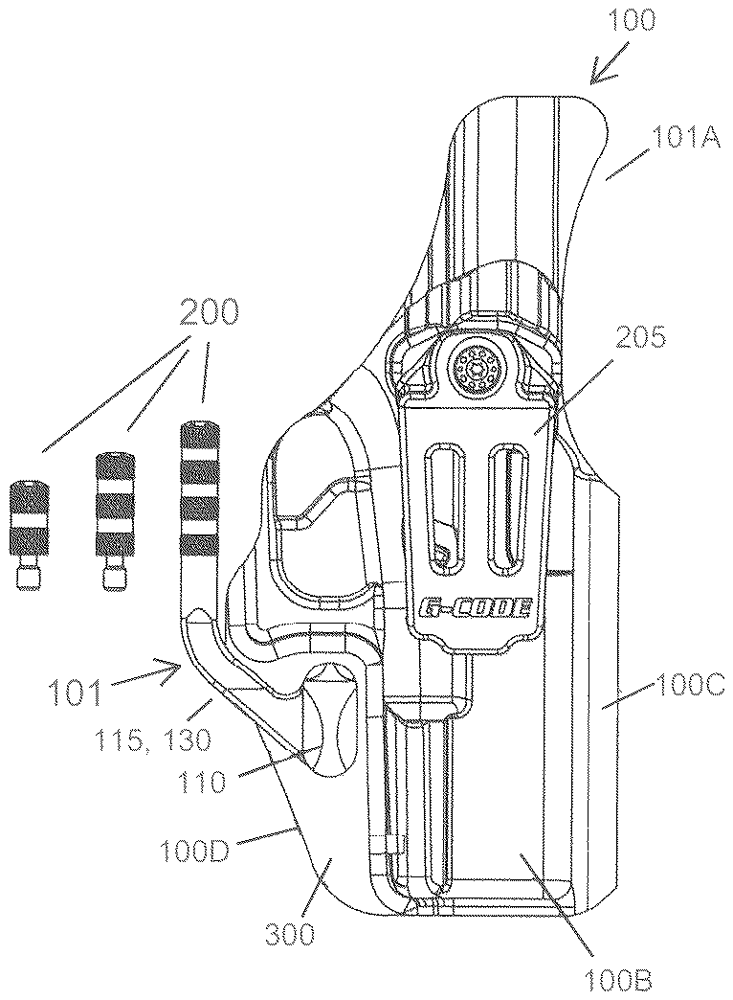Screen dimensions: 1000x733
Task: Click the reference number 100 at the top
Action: pos(631,21)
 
